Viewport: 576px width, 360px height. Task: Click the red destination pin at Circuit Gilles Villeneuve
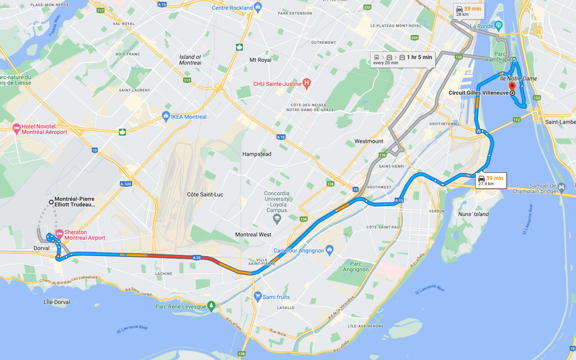[512, 86]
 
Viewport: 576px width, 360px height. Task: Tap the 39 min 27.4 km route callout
[491, 181]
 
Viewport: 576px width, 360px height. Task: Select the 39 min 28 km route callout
[468, 11]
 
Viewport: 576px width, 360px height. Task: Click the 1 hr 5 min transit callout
[402, 59]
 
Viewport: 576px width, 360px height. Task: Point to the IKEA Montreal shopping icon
[166, 116]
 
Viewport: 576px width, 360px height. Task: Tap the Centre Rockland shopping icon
[257, 7]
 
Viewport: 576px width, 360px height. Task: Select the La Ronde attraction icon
[499, 25]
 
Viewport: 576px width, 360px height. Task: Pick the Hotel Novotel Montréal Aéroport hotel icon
[17, 129]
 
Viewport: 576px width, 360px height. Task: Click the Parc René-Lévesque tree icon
[211, 306]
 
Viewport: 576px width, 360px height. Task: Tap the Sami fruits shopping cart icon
[257, 296]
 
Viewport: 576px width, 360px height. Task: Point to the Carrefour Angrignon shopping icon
[329, 249]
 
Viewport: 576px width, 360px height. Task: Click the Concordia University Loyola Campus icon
[277, 218]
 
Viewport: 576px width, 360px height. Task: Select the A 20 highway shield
[197, 258]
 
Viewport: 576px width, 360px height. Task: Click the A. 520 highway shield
[126, 184]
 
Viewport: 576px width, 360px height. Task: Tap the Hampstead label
[257, 154]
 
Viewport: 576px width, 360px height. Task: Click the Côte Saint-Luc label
[205, 194]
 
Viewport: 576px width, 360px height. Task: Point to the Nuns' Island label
[473, 214]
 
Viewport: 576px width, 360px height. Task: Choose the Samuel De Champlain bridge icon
[561, 187]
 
